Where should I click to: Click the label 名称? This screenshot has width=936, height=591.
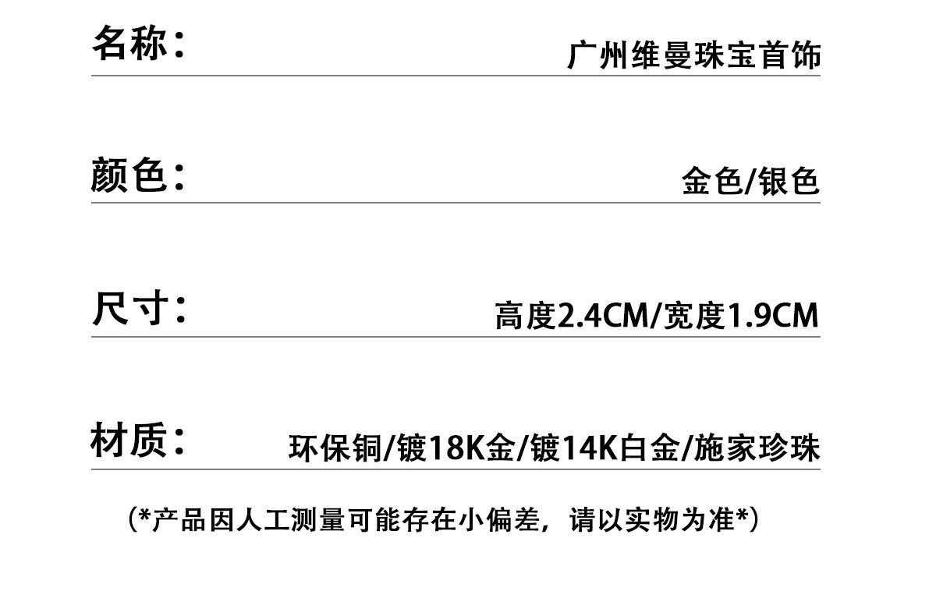129,42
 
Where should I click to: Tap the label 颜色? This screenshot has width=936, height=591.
129,175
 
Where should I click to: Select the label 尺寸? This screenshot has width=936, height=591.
129,309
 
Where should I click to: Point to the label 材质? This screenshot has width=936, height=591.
129,441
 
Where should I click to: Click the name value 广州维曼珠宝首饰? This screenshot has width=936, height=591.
693,57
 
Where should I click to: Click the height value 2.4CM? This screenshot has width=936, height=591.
601,317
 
